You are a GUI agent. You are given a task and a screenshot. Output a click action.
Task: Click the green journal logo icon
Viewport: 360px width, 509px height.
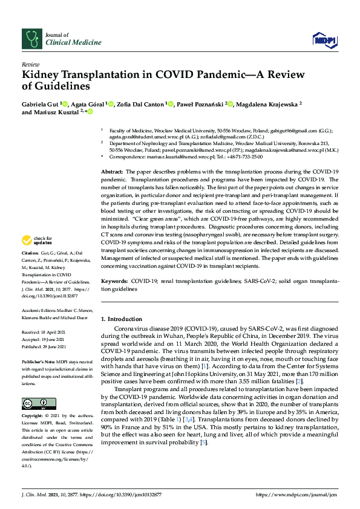click(30, 39)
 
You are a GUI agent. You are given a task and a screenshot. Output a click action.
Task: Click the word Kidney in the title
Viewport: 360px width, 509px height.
click(42, 75)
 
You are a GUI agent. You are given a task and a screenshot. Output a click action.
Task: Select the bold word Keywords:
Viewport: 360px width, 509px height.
click(115, 282)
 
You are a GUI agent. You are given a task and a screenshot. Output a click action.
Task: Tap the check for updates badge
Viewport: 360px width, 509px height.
click(38, 241)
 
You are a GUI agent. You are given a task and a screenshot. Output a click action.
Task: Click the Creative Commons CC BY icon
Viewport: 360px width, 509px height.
click(35, 403)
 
